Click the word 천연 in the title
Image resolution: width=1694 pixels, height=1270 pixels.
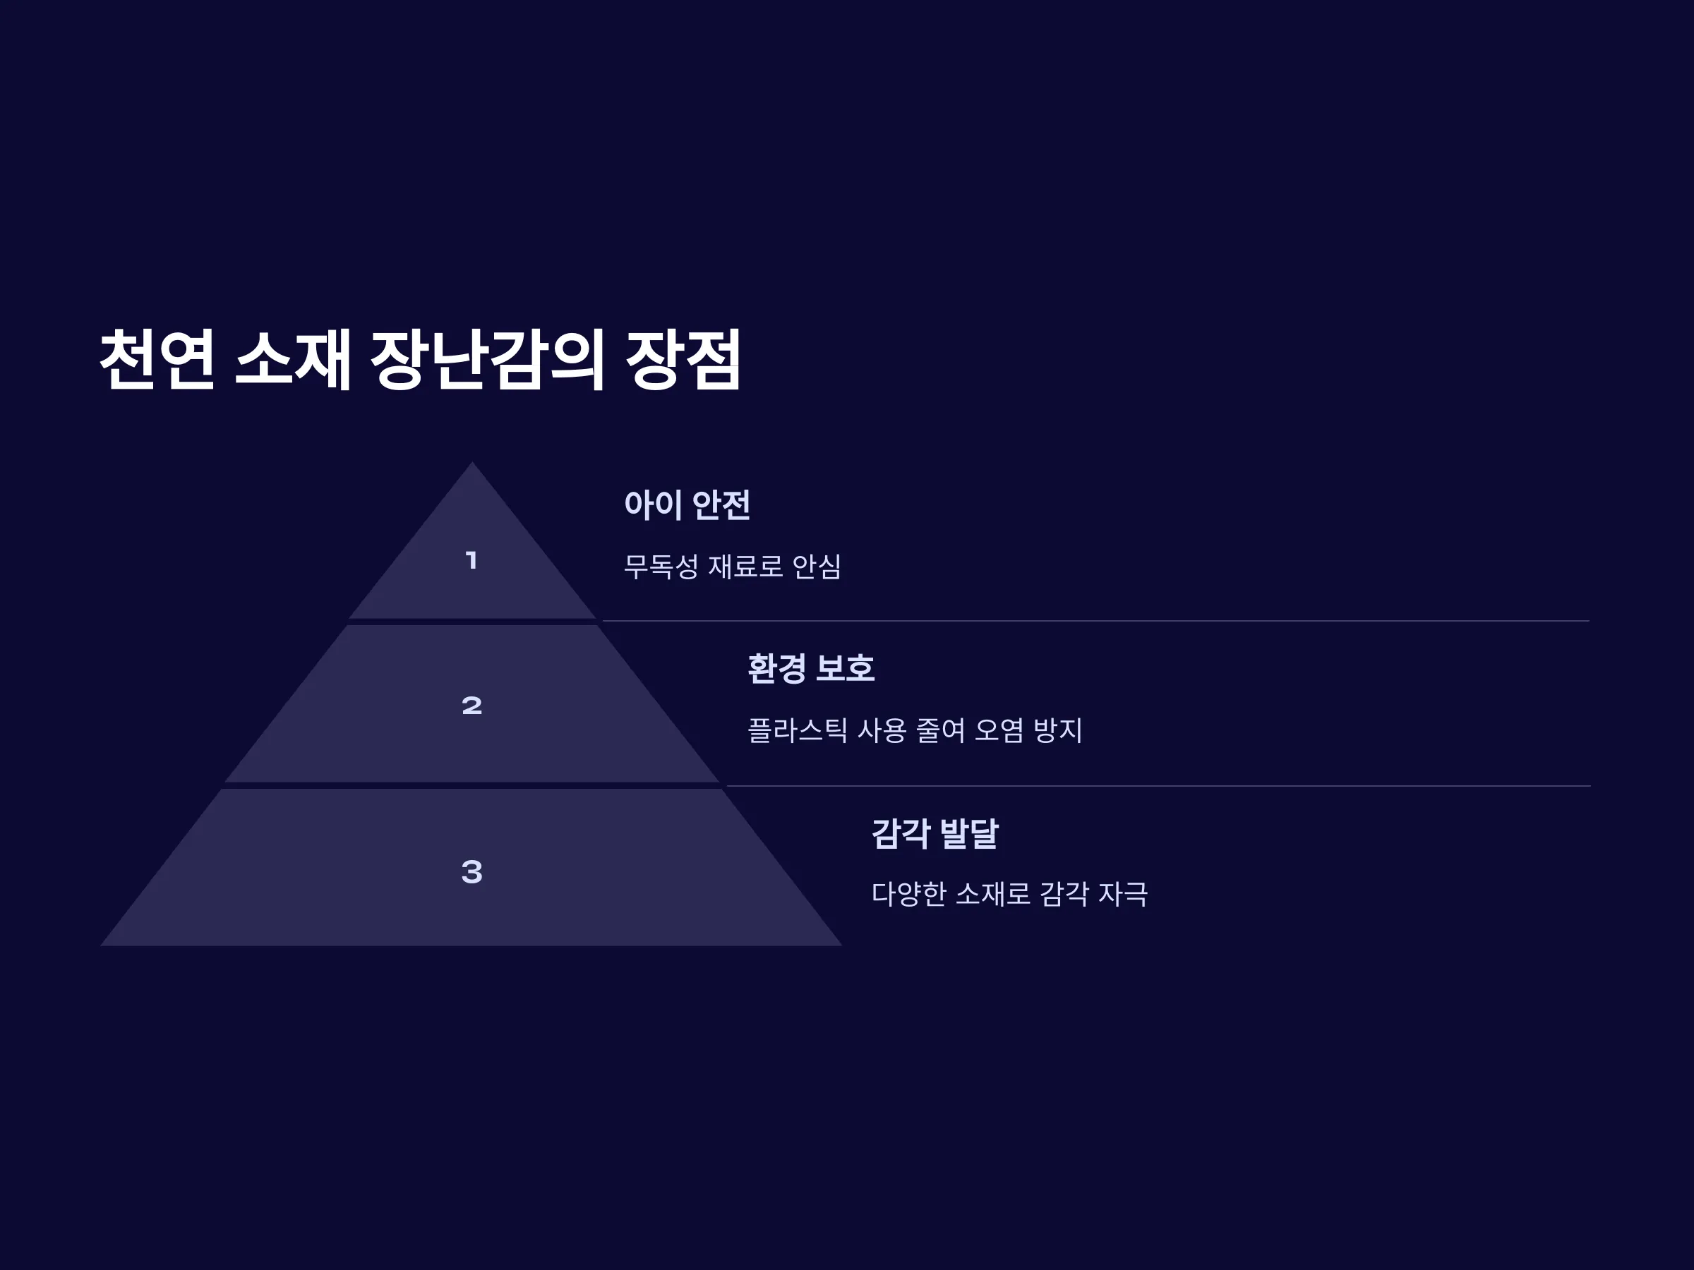(157, 359)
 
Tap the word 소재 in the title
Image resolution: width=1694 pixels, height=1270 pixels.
(292, 359)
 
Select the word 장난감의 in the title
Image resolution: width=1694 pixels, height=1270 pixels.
(488, 359)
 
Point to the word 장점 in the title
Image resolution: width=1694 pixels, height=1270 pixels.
(683, 359)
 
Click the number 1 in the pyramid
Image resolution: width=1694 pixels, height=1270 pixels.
(471, 560)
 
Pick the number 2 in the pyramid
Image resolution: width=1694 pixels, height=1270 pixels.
(471, 705)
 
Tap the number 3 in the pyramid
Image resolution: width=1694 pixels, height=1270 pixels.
(471, 871)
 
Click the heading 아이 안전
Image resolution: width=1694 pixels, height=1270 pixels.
(687, 504)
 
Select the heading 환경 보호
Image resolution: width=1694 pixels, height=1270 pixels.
(811, 668)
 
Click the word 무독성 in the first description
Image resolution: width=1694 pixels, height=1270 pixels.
(661, 567)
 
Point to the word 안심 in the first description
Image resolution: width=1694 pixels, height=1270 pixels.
(817, 567)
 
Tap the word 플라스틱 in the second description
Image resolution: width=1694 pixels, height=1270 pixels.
(797, 730)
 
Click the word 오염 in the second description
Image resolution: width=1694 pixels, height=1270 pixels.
(999, 730)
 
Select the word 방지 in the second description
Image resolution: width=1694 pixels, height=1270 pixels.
(1057, 730)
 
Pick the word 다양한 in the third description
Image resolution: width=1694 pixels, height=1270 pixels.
(909, 894)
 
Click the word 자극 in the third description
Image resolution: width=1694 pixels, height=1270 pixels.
(1124, 894)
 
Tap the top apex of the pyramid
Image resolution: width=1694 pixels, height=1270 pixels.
(471, 461)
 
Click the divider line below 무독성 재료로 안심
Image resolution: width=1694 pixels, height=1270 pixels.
(1096, 621)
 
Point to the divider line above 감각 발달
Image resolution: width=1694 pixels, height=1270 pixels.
(1158, 786)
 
